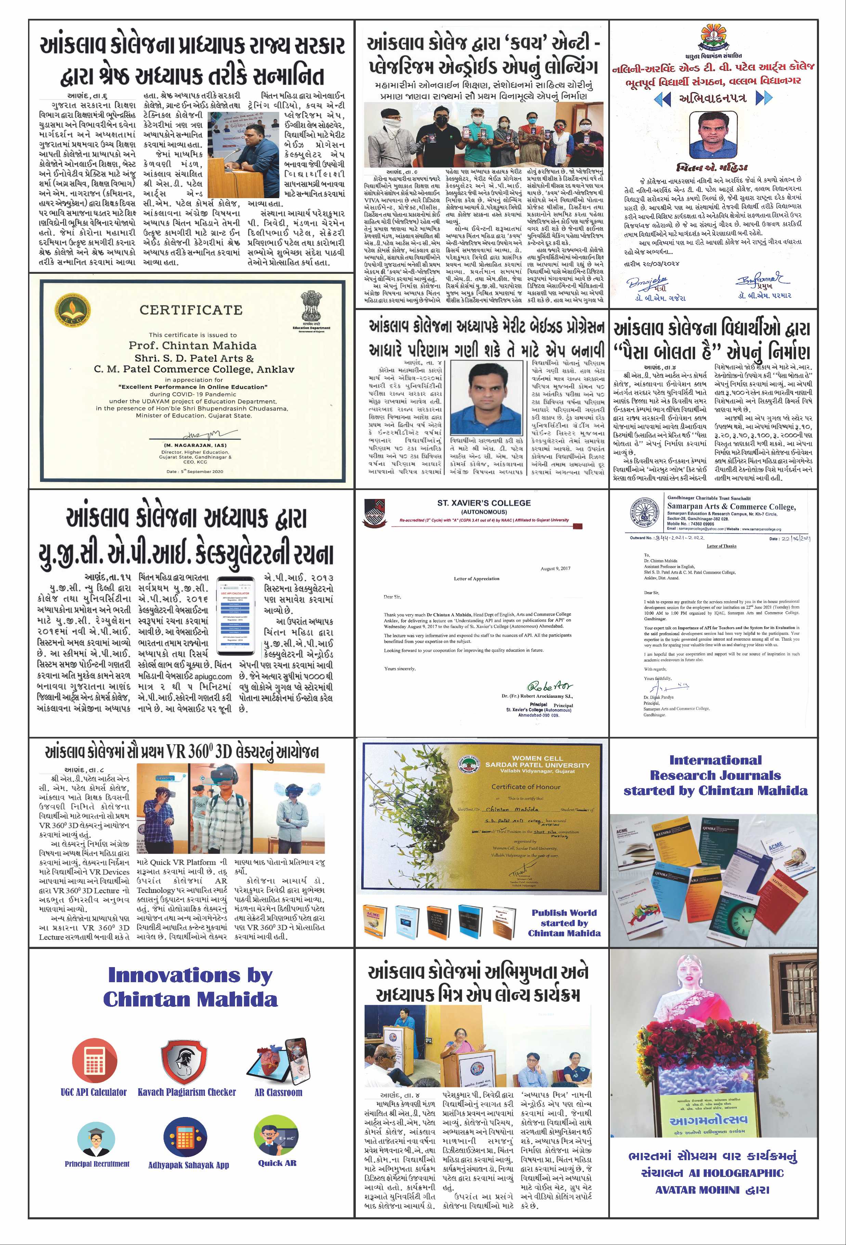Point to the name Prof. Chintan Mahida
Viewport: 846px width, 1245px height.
pyautogui.click(x=192, y=346)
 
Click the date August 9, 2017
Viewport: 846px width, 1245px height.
pyautogui.click(x=555, y=568)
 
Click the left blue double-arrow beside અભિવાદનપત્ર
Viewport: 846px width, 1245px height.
pyautogui.click(x=663, y=98)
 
